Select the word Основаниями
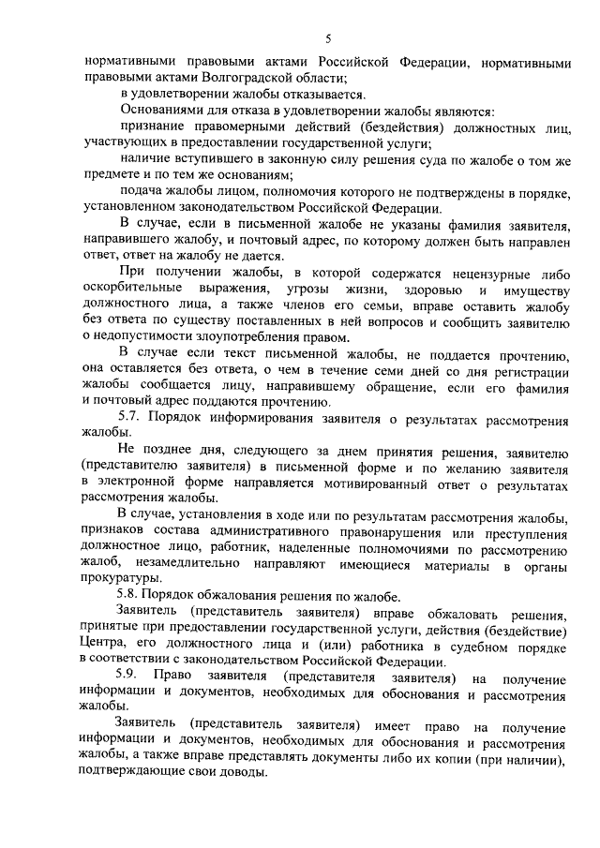(161, 109)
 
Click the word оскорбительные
(135, 288)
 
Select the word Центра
(105, 648)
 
